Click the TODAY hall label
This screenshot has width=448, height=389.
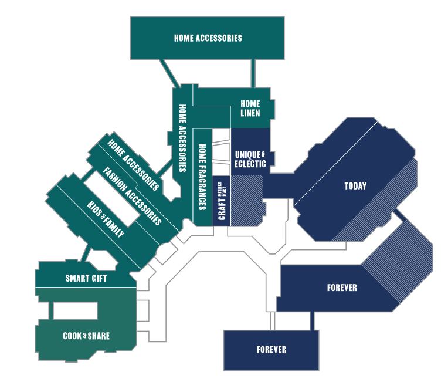pyautogui.click(x=355, y=186)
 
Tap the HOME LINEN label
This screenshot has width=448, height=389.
pyautogui.click(x=250, y=108)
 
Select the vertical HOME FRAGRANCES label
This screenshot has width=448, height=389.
pyautogui.click(x=202, y=177)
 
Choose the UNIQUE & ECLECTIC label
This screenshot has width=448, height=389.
pyautogui.click(x=250, y=158)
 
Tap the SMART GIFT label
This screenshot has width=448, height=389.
pyautogui.click(x=86, y=278)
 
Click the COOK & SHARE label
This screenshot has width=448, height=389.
pyautogui.click(x=86, y=336)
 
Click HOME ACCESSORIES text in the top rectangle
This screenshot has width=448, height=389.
pyautogui.click(x=208, y=38)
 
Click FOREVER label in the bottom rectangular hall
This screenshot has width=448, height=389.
pyautogui.click(x=271, y=350)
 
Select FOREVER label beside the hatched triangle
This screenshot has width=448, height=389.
pyautogui.click(x=342, y=288)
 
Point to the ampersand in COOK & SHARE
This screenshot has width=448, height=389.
pyautogui.click(x=85, y=335)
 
